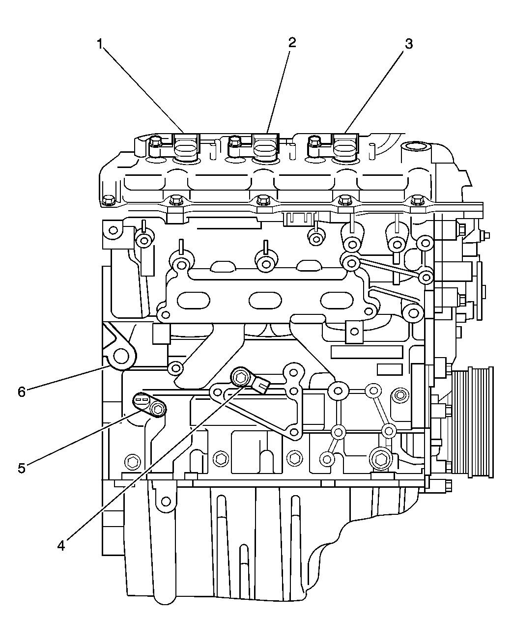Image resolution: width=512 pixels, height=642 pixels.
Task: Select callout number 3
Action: click(x=408, y=44)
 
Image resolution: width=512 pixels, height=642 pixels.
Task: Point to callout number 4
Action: click(x=60, y=545)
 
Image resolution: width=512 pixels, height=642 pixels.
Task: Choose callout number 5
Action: click(x=21, y=468)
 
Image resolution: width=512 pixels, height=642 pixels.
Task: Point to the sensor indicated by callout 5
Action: click(x=150, y=406)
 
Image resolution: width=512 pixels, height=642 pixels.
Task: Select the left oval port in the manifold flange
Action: click(x=193, y=300)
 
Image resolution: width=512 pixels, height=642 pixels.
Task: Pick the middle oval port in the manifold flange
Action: click(x=265, y=300)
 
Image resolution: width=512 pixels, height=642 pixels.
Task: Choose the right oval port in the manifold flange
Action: click(x=338, y=300)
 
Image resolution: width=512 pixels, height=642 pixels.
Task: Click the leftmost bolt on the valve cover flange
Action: click(x=109, y=200)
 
